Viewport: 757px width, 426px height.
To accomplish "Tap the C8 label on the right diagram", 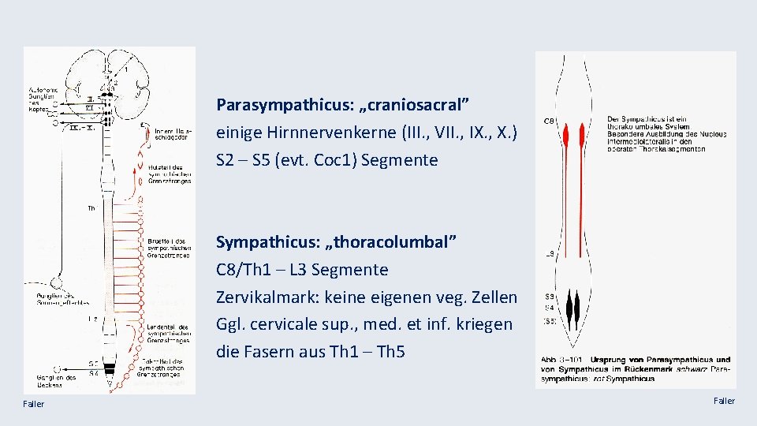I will click(x=550, y=121).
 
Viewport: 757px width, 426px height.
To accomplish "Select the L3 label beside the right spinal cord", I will click(x=550, y=254).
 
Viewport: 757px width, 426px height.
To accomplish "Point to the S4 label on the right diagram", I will click(x=550, y=308).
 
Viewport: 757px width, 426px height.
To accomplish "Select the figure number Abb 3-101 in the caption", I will click(x=561, y=361).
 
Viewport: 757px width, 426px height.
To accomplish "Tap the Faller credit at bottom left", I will click(x=34, y=404).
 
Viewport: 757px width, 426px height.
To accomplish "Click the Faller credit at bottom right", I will click(x=724, y=402).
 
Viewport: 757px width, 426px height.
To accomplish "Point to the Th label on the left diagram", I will click(x=92, y=209).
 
